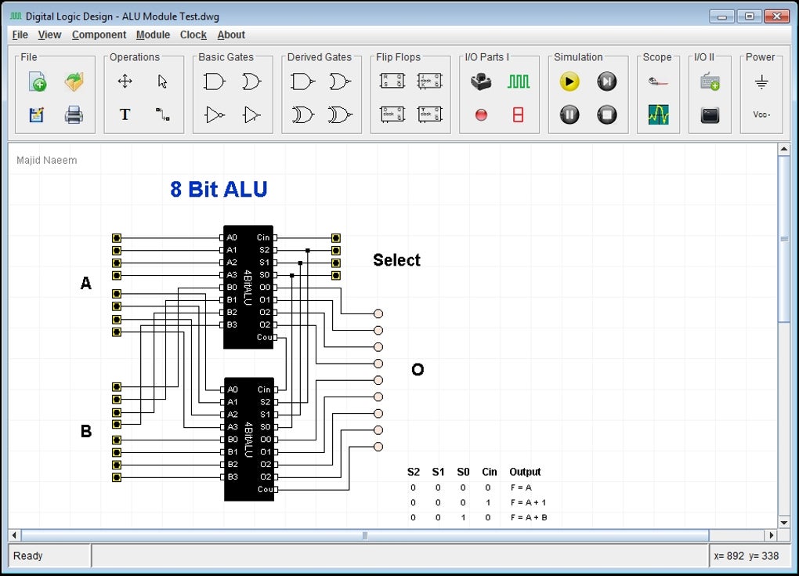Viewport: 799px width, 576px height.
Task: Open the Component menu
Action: coord(99,34)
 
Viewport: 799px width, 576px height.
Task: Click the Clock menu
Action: coord(193,34)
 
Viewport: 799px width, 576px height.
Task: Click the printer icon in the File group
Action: coord(74,115)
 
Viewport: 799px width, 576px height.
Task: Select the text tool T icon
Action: coord(125,115)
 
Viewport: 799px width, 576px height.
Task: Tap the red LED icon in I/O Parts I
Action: coord(481,115)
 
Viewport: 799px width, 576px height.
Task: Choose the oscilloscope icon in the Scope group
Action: coord(658,115)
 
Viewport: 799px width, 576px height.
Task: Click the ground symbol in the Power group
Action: coord(761,82)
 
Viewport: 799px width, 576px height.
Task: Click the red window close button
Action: coord(776,16)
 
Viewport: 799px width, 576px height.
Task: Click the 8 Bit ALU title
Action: coord(219,190)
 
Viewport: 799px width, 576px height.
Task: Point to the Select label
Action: coord(396,260)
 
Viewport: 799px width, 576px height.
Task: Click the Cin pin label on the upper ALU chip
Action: coord(263,237)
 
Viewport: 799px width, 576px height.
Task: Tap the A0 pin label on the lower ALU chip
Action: coord(233,389)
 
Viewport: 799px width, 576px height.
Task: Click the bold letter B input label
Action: coord(86,432)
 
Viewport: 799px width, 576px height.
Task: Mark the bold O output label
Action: coord(418,370)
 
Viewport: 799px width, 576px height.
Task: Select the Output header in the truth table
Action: coord(525,472)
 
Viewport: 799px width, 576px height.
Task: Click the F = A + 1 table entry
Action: coord(528,502)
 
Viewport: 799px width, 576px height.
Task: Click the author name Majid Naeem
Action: coord(47,161)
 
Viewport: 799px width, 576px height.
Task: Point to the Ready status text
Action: coord(28,556)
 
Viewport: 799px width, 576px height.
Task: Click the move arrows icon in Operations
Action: coord(125,82)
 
